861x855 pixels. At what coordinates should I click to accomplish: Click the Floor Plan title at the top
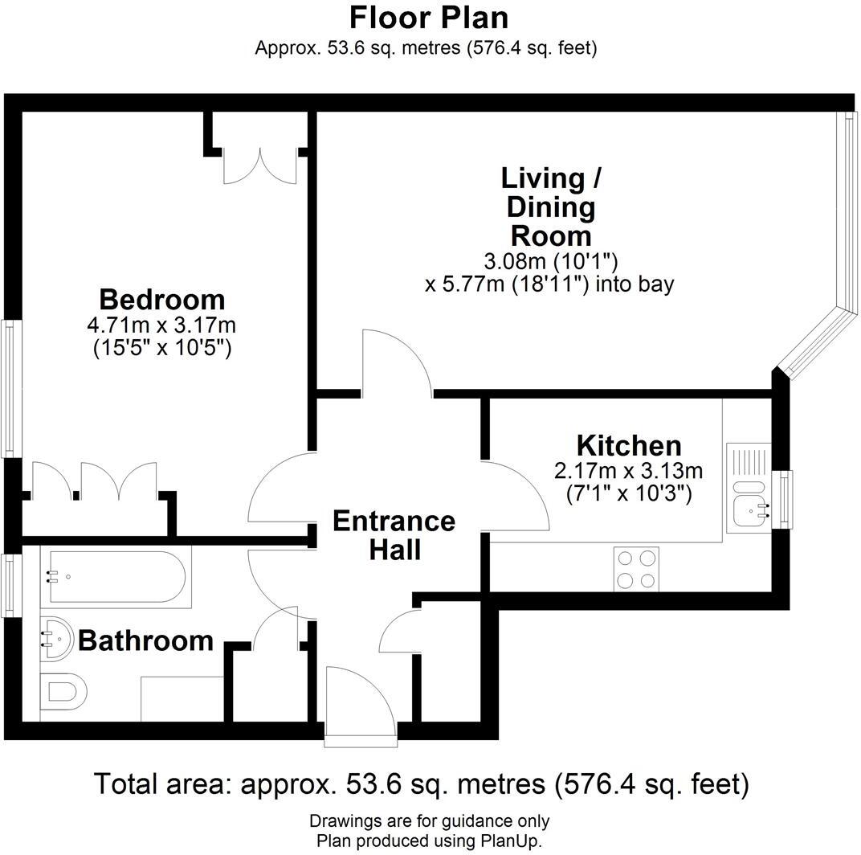[429, 17]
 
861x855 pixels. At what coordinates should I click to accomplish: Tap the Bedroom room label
[161, 300]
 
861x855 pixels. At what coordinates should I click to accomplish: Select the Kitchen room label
[628, 445]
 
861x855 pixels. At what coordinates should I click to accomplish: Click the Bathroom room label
[145, 640]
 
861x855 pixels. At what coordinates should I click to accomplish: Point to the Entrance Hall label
[394, 535]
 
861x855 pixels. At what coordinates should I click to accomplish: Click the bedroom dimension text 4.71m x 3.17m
[161, 325]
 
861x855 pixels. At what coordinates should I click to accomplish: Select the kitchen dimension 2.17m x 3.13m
[628, 470]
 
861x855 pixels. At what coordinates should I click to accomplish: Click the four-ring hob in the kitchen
[635, 568]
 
